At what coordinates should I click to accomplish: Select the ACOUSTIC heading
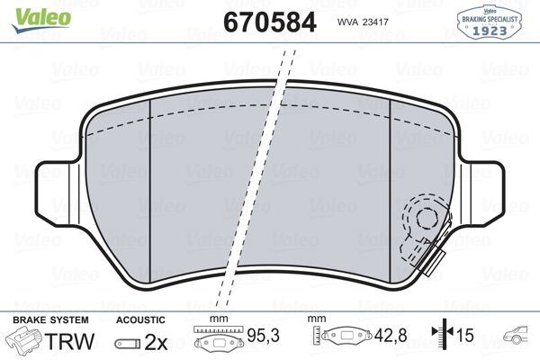click(x=140, y=320)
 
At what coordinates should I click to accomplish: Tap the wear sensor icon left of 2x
click(x=128, y=343)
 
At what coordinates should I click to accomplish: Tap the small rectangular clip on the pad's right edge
click(x=433, y=262)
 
